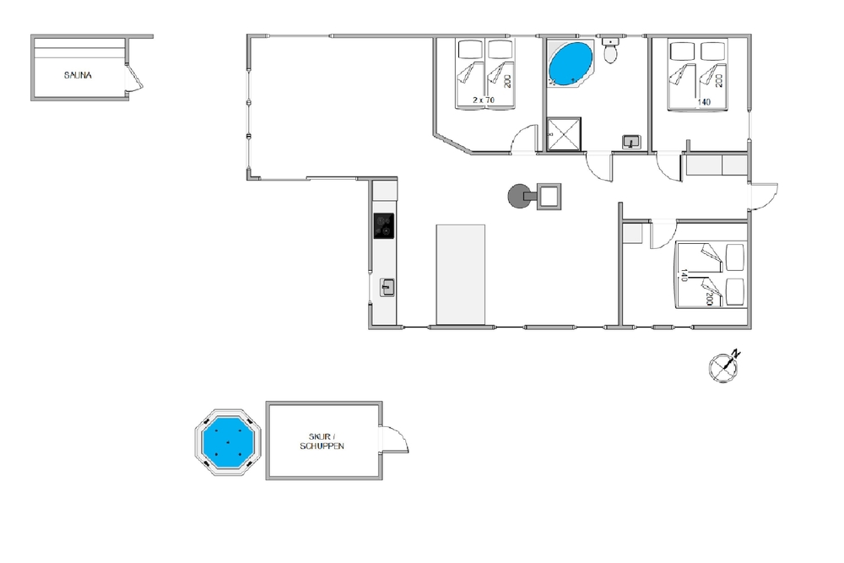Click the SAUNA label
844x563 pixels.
pyautogui.click(x=78, y=75)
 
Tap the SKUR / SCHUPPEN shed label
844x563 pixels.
pyautogui.click(x=322, y=441)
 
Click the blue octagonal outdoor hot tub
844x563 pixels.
pyautogui.click(x=228, y=442)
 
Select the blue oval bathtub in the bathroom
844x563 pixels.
pyautogui.click(x=571, y=64)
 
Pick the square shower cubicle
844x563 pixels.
pyautogui.click(x=564, y=134)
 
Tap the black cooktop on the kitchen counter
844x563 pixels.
pyautogui.click(x=384, y=226)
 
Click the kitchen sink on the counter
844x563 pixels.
pyautogui.click(x=387, y=288)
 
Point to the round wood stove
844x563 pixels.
pyautogui.click(x=519, y=197)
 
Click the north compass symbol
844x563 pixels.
pyautogui.click(x=724, y=367)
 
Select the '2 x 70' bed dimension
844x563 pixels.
pyautogui.click(x=484, y=100)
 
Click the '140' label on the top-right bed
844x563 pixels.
pyautogui.click(x=704, y=102)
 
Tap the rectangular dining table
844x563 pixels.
pyautogui.click(x=460, y=275)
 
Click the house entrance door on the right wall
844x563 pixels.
pyautogui.click(x=763, y=197)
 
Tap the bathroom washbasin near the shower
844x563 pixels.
pyautogui.click(x=630, y=142)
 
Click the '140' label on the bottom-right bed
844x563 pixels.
pyautogui.click(x=684, y=275)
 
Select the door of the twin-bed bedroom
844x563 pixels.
pyautogui.click(x=524, y=139)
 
